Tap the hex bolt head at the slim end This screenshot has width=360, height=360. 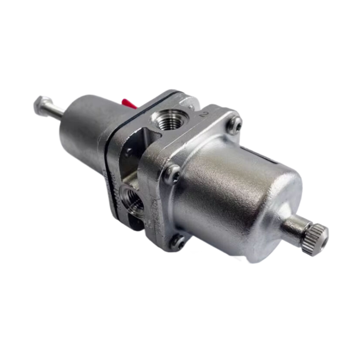pyautogui.click(x=42, y=104)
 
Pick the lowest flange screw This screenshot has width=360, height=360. pyautogui.click(x=177, y=242)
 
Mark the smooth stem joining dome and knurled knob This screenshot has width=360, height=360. pyautogui.click(x=293, y=228)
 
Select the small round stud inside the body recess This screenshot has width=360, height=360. pyautogui.click(x=129, y=153)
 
